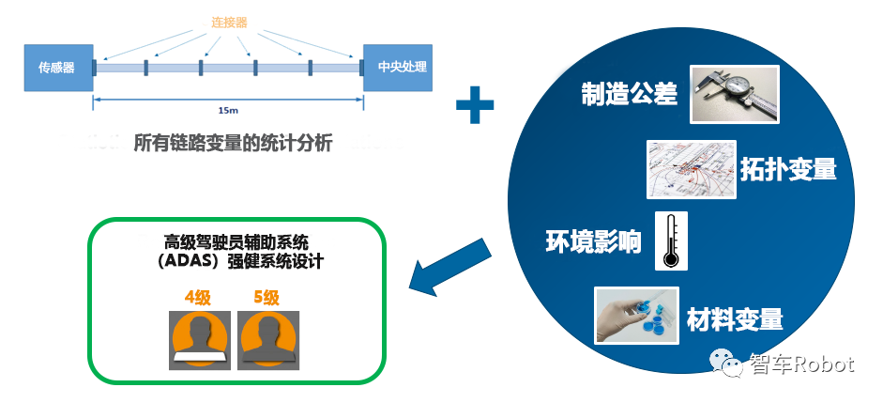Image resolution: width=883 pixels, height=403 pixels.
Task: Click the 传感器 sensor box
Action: (58, 67)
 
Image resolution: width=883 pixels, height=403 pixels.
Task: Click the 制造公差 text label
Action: (629, 95)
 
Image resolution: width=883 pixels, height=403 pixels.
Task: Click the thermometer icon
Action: (671, 240)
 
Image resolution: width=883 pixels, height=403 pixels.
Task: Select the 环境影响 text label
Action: (594, 241)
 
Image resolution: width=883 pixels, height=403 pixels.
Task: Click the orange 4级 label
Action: (197, 298)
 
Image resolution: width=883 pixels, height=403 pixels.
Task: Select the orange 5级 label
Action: (266, 298)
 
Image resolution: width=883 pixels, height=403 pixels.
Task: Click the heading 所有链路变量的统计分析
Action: (234, 145)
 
